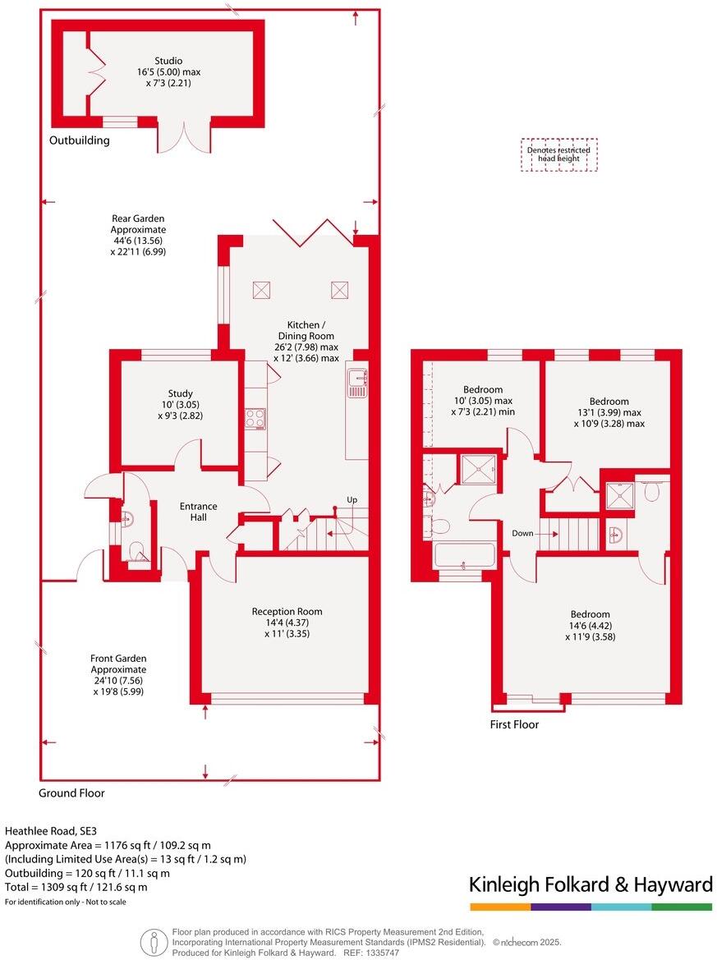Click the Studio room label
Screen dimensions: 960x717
168,61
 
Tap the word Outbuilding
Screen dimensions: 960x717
79,140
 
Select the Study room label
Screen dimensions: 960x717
180,393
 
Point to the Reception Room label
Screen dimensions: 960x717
287,611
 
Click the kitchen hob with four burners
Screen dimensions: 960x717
255,419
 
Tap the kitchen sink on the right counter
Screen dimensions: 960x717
357,383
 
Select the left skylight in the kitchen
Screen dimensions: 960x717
262,290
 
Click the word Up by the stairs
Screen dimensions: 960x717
352,500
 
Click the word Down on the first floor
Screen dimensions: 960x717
522,533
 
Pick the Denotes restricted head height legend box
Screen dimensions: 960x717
559,155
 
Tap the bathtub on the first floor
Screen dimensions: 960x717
464,556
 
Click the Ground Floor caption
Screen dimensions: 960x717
71,793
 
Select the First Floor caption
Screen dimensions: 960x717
514,724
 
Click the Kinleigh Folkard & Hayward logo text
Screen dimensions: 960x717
591,884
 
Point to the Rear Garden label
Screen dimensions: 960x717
139,218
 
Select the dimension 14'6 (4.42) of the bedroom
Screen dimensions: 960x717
591,626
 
